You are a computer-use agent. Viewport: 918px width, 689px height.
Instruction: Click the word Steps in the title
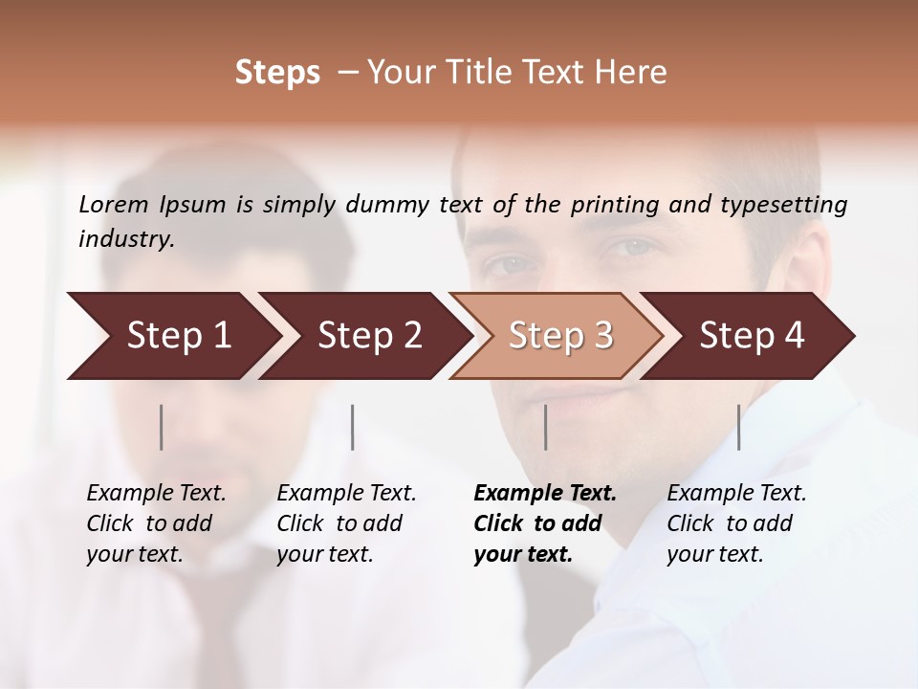(x=277, y=73)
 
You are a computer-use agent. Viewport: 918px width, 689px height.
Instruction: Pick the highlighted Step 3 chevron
(x=560, y=336)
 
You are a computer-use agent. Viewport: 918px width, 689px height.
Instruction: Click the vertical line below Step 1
(x=162, y=427)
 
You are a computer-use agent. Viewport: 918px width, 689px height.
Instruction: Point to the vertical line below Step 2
(x=353, y=427)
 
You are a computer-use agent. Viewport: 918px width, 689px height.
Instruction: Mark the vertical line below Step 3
(x=546, y=427)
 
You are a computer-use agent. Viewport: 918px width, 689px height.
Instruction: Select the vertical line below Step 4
(x=738, y=427)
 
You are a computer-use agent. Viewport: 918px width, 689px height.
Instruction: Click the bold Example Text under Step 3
(x=545, y=494)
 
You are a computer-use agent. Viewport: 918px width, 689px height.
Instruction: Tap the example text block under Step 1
(x=156, y=523)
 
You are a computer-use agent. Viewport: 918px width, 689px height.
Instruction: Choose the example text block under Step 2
(x=346, y=523)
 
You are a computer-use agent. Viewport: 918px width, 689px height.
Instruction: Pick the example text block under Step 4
(x=736, y=523)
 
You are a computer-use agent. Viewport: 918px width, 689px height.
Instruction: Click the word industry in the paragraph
(x=125, y=239)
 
